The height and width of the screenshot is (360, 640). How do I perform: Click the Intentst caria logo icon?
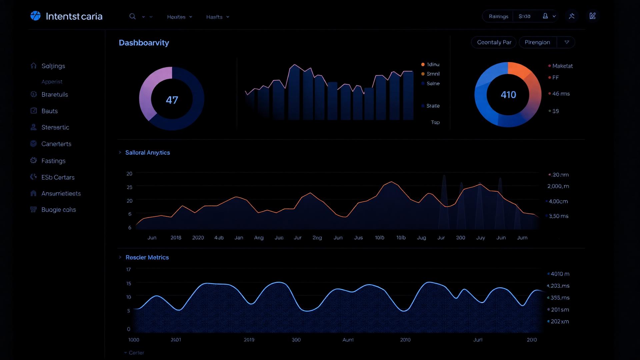35,16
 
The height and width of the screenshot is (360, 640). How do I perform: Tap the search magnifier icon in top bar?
132,17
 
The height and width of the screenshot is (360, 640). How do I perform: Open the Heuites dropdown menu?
179,17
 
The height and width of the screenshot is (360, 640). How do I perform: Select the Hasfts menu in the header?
217,17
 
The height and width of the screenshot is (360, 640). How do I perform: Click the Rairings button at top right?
498,16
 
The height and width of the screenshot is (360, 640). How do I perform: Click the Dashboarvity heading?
144,43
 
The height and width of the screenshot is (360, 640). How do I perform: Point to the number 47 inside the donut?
172,100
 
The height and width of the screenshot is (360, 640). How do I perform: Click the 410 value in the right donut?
508,95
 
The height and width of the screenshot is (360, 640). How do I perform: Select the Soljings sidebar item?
53,66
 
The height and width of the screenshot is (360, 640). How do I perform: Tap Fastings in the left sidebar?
53,161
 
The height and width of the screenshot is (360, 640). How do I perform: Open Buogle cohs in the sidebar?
58,210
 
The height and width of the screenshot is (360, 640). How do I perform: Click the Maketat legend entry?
562,66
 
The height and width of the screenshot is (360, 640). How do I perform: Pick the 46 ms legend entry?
561,94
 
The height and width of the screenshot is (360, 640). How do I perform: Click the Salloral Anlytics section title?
147,153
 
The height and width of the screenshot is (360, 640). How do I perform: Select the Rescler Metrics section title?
147,257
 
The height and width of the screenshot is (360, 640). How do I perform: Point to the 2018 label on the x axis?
176,238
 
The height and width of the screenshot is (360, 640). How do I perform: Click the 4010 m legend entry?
560,274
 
